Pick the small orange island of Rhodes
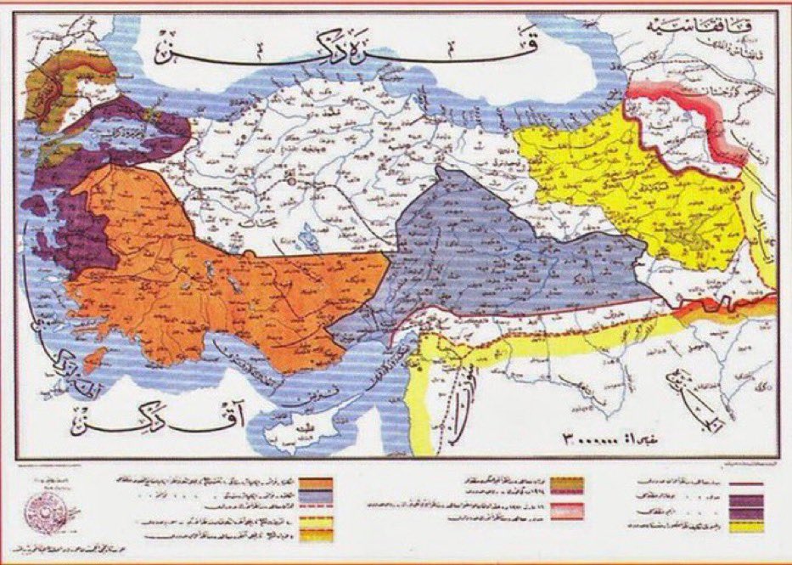pos(98,358)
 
